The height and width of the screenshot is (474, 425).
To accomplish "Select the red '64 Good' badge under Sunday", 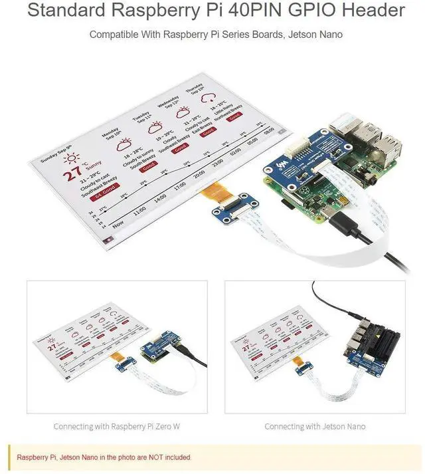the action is [106, 197].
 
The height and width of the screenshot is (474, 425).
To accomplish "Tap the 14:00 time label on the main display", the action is [160, 198].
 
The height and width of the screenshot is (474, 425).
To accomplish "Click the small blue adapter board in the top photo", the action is [226, 213].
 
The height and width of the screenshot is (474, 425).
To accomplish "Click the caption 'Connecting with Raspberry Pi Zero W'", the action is [116, 426].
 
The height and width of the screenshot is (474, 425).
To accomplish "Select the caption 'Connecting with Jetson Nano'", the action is [315, 426].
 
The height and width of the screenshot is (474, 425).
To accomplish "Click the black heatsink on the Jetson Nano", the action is [373, 332].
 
